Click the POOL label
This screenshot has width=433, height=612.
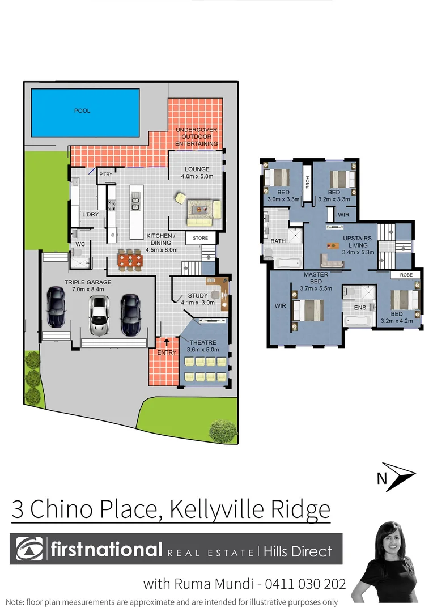(x=82, y=111)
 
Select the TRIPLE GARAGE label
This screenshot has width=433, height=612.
(x=88, y=282)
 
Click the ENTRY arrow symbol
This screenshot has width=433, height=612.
(x=167, y=342)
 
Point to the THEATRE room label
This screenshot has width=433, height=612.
(x=203, y=342)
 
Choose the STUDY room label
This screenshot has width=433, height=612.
(x=197, y=296)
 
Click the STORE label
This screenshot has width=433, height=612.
(x=201, y=239)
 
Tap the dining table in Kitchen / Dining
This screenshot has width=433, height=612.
(x=130, y=260)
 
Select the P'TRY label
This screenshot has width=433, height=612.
(x=106, y=175)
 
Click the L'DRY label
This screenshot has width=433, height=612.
(x=91, y=215)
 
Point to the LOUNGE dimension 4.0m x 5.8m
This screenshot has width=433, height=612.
(x=197, y=176)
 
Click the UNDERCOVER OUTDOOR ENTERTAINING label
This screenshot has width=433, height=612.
(x=197, y=137)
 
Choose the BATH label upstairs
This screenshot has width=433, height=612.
(x=278, y=241)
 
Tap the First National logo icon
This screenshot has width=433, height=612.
(x=29, y=549)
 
